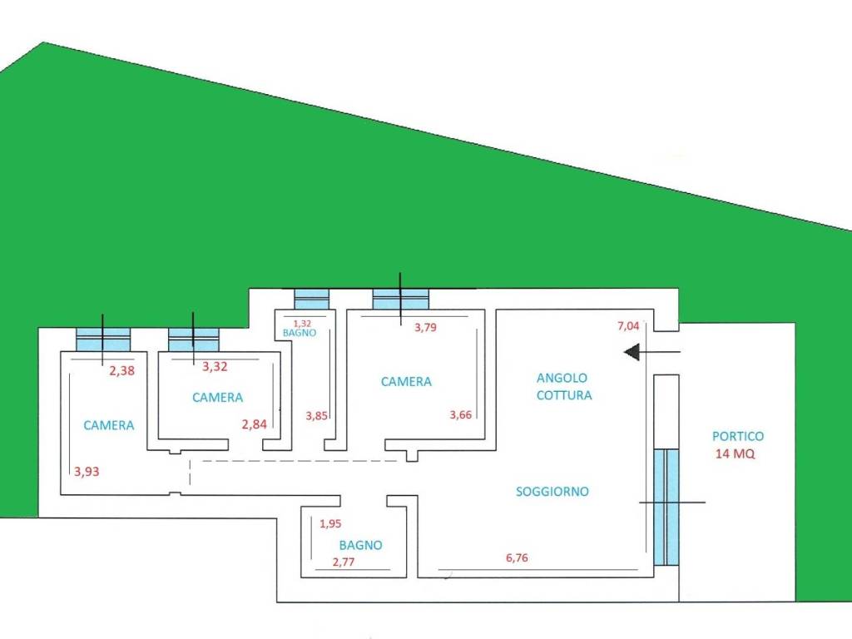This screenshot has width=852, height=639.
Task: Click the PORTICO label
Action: point(737,436)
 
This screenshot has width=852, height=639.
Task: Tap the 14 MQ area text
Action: point(736,454)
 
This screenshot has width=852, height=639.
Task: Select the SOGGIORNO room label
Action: point(552,492)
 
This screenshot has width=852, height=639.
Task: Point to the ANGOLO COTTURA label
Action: point(563,386)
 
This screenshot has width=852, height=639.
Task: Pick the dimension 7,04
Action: point(628,326)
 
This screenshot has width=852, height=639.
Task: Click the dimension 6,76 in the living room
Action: point(517,557)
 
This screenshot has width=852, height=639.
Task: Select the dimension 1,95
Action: point(330,524)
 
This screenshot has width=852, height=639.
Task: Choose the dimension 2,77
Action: point(344,563)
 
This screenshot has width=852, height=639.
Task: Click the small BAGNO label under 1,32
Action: point(299,332)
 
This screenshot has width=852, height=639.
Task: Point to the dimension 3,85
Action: point(317,415)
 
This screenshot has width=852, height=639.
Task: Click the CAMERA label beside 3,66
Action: point(406,382)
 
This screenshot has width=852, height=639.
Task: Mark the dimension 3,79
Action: point(425,327)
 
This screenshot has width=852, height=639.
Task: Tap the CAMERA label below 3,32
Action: point(217,398)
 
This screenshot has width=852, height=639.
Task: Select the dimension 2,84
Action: point(254,425)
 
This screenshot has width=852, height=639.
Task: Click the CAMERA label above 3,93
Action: point(109,425)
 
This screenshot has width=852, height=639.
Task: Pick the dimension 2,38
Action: point(121,371)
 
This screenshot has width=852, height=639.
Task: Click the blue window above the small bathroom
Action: point(312,299)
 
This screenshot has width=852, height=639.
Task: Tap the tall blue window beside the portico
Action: point(666,507)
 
